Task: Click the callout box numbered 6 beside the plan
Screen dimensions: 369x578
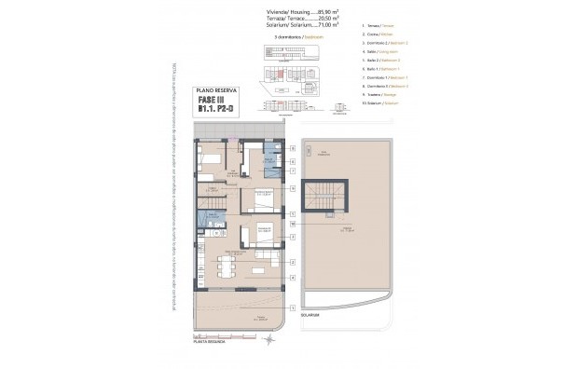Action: tap(292, 148)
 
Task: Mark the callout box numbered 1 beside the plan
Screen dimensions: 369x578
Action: tap(292, 307)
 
